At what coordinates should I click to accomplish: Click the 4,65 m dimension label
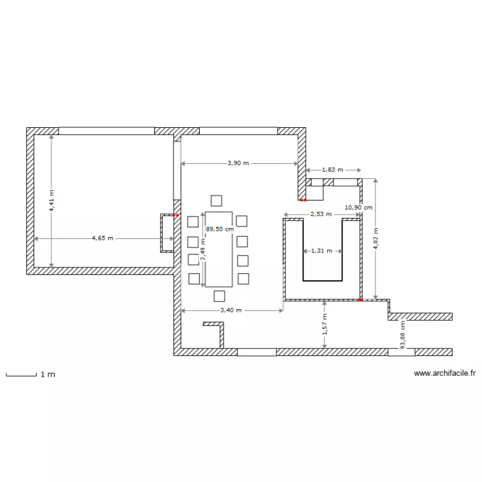[x=102, y=238]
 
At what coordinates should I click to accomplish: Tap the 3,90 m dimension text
[x=238, y=163]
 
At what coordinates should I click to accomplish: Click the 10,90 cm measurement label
[x=358, y=208]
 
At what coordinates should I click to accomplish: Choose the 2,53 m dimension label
[x=321, y=214]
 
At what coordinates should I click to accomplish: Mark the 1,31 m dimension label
[x=321, y=251]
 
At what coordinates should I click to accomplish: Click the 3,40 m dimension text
[x=231, y=310]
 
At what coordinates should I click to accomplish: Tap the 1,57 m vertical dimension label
[x=325, y=325]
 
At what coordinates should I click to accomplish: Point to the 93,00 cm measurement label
[x=403, y=335]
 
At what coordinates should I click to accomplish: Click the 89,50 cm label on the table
[x=220, y=228]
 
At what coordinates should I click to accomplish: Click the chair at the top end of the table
[x=217, y=200]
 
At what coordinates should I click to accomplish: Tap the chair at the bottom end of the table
[x=219, y=296]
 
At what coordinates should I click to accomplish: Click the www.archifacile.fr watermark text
[x=444, y=373]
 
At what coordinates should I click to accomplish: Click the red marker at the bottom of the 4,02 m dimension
[x=361, y=299]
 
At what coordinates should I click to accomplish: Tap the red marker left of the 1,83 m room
[x=302, y=199]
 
